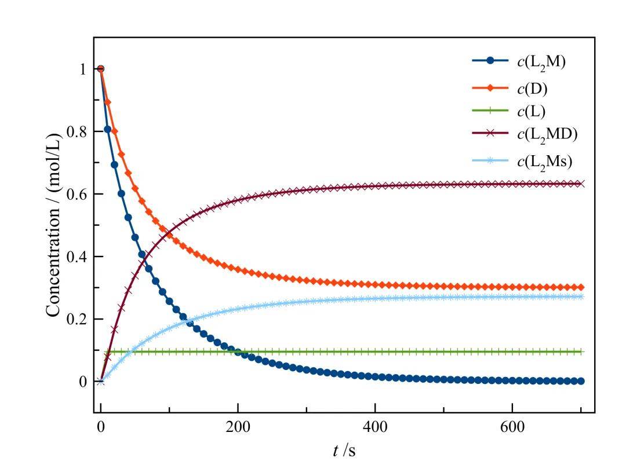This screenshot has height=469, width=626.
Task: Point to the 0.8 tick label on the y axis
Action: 76,132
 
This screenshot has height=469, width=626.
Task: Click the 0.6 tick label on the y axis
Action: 76,195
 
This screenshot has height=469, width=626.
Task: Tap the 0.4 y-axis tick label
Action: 76,257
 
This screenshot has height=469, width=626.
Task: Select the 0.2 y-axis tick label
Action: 76,320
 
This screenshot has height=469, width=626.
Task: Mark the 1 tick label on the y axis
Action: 83,69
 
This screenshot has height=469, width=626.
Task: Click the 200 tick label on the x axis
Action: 238,427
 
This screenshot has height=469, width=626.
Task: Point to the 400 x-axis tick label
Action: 375,427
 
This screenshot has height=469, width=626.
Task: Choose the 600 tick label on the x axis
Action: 512,427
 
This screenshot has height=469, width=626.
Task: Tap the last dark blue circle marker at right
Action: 581,381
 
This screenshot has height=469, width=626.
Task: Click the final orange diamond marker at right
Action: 581,287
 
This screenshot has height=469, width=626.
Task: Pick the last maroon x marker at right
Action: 581,184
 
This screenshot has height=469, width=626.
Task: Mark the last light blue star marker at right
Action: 581,296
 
